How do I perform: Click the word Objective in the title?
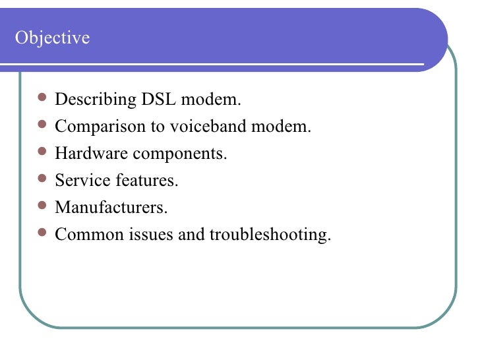52,38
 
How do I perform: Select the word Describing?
95,100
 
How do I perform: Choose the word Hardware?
90,154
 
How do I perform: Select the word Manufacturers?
111,207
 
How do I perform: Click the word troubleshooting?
269,234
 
